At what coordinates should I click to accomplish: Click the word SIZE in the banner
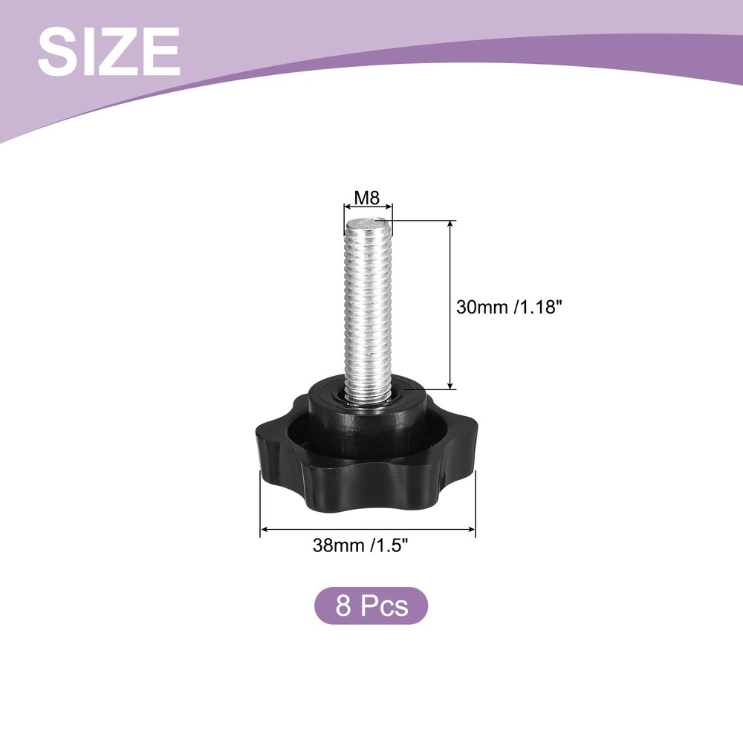pos(109,51)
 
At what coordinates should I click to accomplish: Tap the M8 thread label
pos(368,198)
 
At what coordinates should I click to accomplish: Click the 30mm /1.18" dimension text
pos(509,307)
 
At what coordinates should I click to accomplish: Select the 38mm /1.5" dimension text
pos(360,545)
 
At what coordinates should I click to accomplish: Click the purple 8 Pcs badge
pos(371,606)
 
